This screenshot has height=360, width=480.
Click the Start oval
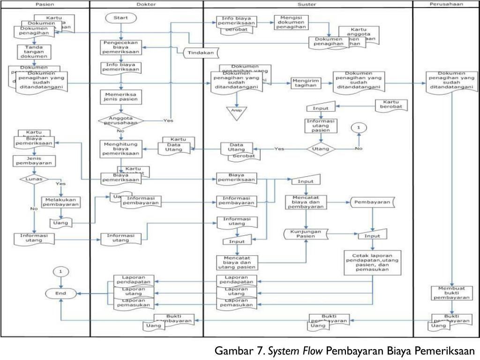pyautogui.click(x=121, y=18)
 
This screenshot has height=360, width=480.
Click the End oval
pyautogui.click(x=60, y=293)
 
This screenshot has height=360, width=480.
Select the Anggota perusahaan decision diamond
pyautogui.click(x=121, y=120)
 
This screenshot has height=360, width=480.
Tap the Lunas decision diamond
pyautogui.click(x=34, y=179)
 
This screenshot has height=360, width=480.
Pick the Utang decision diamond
pyautogui.click(x=321, y=149)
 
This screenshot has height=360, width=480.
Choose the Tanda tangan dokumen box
pyautogui.click(x=34, y=52)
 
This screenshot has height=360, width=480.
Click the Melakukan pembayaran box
pyautogui.click(x=61, y=201)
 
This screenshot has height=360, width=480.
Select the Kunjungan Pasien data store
pyautogui.click(x=306, y=233)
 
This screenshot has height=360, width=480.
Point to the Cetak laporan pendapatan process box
pyautogui.click(x=373, y=262)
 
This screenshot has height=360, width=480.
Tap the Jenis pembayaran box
pyautogui.click(x=34, y=160)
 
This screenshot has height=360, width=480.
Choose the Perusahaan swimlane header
pyautogui.click(x=446, y=4)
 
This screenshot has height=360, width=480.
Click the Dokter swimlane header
pyautogui.click(x=146, y=4)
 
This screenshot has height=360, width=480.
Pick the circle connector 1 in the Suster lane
pyautogui.click(x=359, y=127)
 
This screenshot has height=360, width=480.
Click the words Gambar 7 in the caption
pyautogui.click(x=240, y=351)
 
